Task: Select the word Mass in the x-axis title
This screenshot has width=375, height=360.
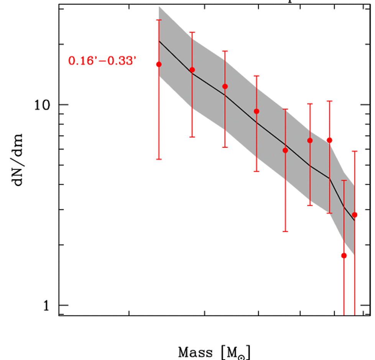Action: [195, 352]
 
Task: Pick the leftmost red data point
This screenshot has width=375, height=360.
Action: [159, 64]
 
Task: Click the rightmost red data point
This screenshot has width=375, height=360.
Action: [354, 215]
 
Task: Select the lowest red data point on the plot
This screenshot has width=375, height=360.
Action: [344, 256]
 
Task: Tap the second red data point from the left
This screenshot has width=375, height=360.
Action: [192, 70]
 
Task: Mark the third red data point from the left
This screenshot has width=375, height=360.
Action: [225, 86]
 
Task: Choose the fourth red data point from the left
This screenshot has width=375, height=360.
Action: [257, 111]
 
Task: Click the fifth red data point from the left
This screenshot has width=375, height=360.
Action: [285, 150]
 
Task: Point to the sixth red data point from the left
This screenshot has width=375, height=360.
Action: [310, 140]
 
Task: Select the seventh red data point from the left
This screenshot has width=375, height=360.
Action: [329, 140]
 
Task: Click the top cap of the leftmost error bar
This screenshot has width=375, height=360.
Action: [159, 20]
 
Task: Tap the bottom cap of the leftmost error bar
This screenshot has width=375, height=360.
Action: [159, 159]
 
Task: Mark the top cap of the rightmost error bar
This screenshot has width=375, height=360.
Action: [354, 151]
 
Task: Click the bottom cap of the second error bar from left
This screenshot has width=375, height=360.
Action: [192, 137]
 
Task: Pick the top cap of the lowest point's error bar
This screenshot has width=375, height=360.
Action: [344, 180]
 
